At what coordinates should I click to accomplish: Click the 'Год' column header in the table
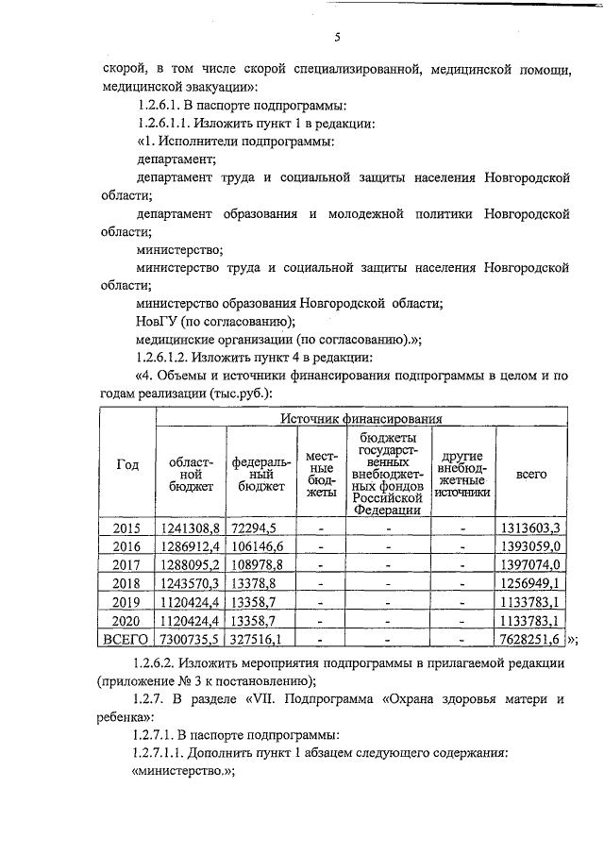pyautogui.click(x=127, y=464)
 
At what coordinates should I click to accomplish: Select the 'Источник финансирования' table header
pyautogui.click(x=361, y=416)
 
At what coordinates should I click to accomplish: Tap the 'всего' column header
pyautogui.click(x=531, y=475)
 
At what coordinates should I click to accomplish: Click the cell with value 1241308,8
pyautogui.click(x=190, y=527)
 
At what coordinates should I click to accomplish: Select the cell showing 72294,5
pyautogui.click(x=249, y=527)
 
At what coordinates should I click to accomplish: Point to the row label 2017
pyautogui.click(x=127, y=564)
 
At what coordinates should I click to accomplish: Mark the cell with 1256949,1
pyautogui.click(x=531, y=583)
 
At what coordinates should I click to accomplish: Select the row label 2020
pyautogui.click(x=127, y=620)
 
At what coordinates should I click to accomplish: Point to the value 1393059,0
pyautogui.click(x=531, y=546)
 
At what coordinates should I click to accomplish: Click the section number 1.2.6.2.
pyautogui.click(x=163, y=663)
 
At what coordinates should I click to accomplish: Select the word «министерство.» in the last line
pyautogui.click(x=179, y=771)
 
